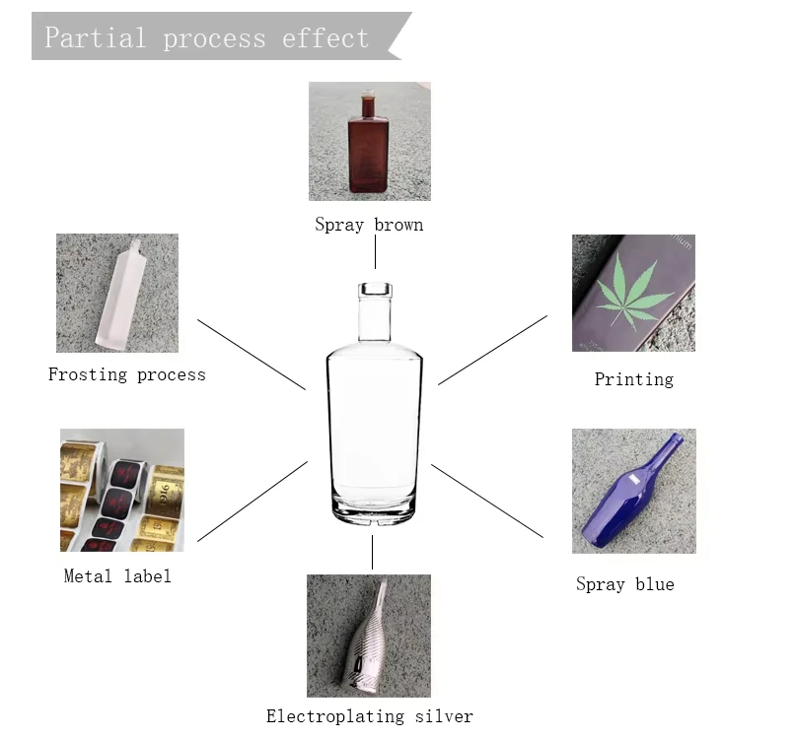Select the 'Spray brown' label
pos(369,225)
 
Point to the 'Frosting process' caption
pos(127,374)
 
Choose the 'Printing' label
pos(634,379)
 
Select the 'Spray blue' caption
pos(625,584)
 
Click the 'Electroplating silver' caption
pos(370,716)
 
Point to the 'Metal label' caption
pos(117,575)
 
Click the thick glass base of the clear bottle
pos(374,509)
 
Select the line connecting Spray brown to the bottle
pos(375,252)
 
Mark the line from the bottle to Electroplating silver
pos(372,552)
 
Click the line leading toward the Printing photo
pos(493,350)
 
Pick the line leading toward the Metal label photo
pos(253,502)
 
